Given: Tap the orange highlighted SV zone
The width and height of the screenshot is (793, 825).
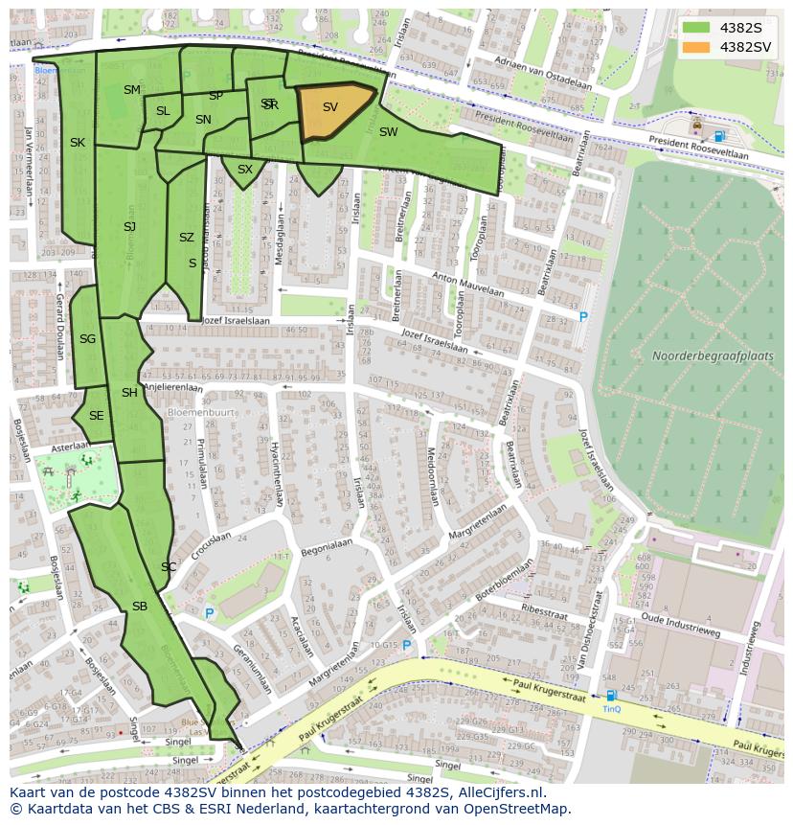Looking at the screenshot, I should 331,109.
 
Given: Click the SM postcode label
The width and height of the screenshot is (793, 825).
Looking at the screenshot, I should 132,90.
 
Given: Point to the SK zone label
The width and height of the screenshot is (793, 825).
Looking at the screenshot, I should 78,143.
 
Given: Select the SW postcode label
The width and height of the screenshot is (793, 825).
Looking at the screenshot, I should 388,132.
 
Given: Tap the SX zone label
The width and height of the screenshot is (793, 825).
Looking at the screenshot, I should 245,170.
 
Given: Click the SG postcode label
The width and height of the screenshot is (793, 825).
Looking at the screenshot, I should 87,339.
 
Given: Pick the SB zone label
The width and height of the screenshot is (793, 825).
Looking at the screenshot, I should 140,607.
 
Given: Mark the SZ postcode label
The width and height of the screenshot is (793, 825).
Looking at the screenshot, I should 187,238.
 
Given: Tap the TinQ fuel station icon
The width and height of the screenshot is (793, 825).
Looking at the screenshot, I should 610,697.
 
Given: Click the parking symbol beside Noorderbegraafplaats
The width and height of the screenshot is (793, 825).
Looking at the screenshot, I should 583,316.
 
